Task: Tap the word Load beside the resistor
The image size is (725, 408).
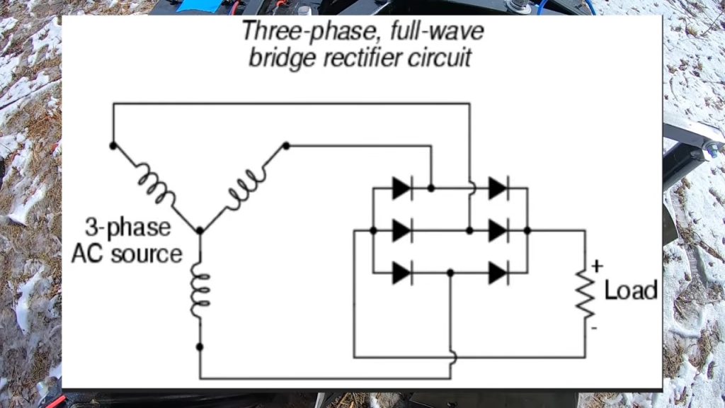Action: point(631,290)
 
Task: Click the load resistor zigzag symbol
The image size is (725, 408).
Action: point(585,294)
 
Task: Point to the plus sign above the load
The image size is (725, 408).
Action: point(597,266)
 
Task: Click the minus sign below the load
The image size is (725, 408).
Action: point(594,328)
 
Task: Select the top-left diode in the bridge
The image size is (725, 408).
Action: point(402,188)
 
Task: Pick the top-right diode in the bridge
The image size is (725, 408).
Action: point(498,188)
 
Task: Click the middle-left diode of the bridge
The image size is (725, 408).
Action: point(402,230)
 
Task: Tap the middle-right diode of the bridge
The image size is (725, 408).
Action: point(498,230)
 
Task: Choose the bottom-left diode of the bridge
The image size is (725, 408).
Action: point(402,273)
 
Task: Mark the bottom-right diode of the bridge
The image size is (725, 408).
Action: point(498,273)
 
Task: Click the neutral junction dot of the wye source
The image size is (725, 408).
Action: point(200,230)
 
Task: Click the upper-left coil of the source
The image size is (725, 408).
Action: point(156,186)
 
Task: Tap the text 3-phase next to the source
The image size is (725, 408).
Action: point(128,228)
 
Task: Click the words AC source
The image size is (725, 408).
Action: point(127,254)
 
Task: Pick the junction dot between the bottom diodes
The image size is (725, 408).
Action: point(450,273)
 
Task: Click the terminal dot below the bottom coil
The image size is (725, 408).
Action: point(200,346)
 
